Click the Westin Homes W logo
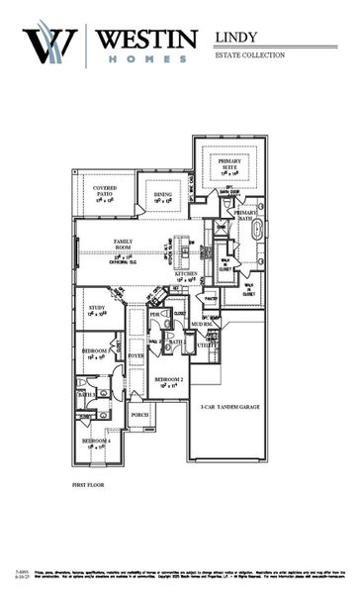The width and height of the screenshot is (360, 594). tap(49, 44)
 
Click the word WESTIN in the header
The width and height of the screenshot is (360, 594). tap(147, 40)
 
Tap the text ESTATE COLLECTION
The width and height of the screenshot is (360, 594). tap(249, 55)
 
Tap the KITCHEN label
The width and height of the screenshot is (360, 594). tap(188, 274)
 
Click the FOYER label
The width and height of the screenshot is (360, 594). tap(135, 354)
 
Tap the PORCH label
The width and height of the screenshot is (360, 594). tap(139, 415)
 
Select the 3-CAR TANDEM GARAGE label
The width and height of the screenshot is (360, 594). tap(227, 406)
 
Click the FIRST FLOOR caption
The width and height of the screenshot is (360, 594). tap(90, 486)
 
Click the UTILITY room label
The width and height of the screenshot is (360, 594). tap(206, 346)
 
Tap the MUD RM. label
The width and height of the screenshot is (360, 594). tap(202, 323)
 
